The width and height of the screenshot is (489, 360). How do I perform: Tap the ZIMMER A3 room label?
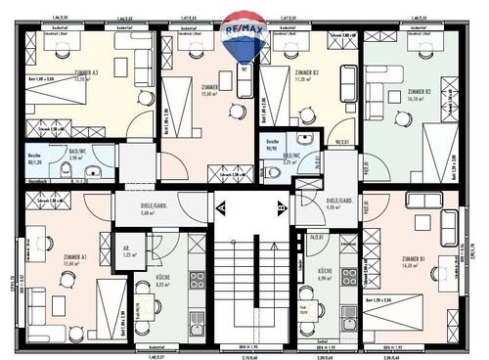tap(88, 74)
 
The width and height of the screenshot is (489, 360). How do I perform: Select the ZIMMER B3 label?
tap(307, 74)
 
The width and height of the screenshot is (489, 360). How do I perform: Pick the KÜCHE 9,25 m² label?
tap(163, 281)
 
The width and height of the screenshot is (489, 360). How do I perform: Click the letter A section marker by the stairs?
tap(220, 207)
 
